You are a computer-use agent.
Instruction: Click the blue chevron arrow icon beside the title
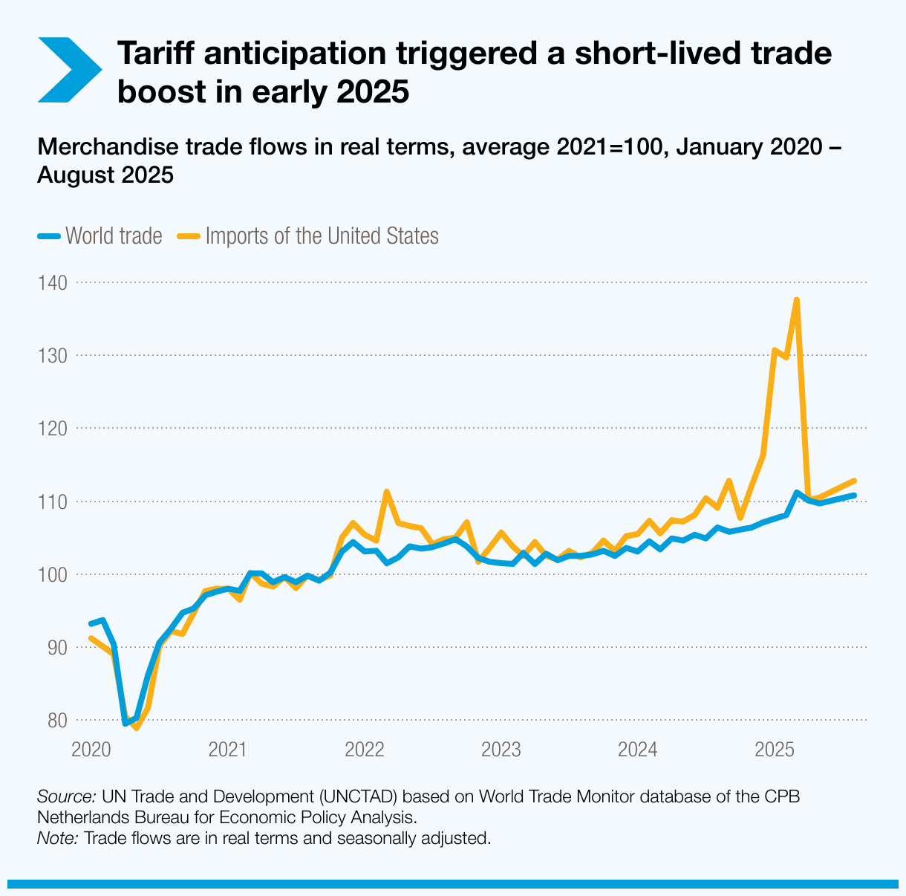coord(69,69)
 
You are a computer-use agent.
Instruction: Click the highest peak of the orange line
coord(796,300)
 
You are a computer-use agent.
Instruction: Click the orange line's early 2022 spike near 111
coord(387,492)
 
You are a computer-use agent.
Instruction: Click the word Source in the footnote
coord(65,797)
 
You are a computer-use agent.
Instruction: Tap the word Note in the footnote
coord(57,839)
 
